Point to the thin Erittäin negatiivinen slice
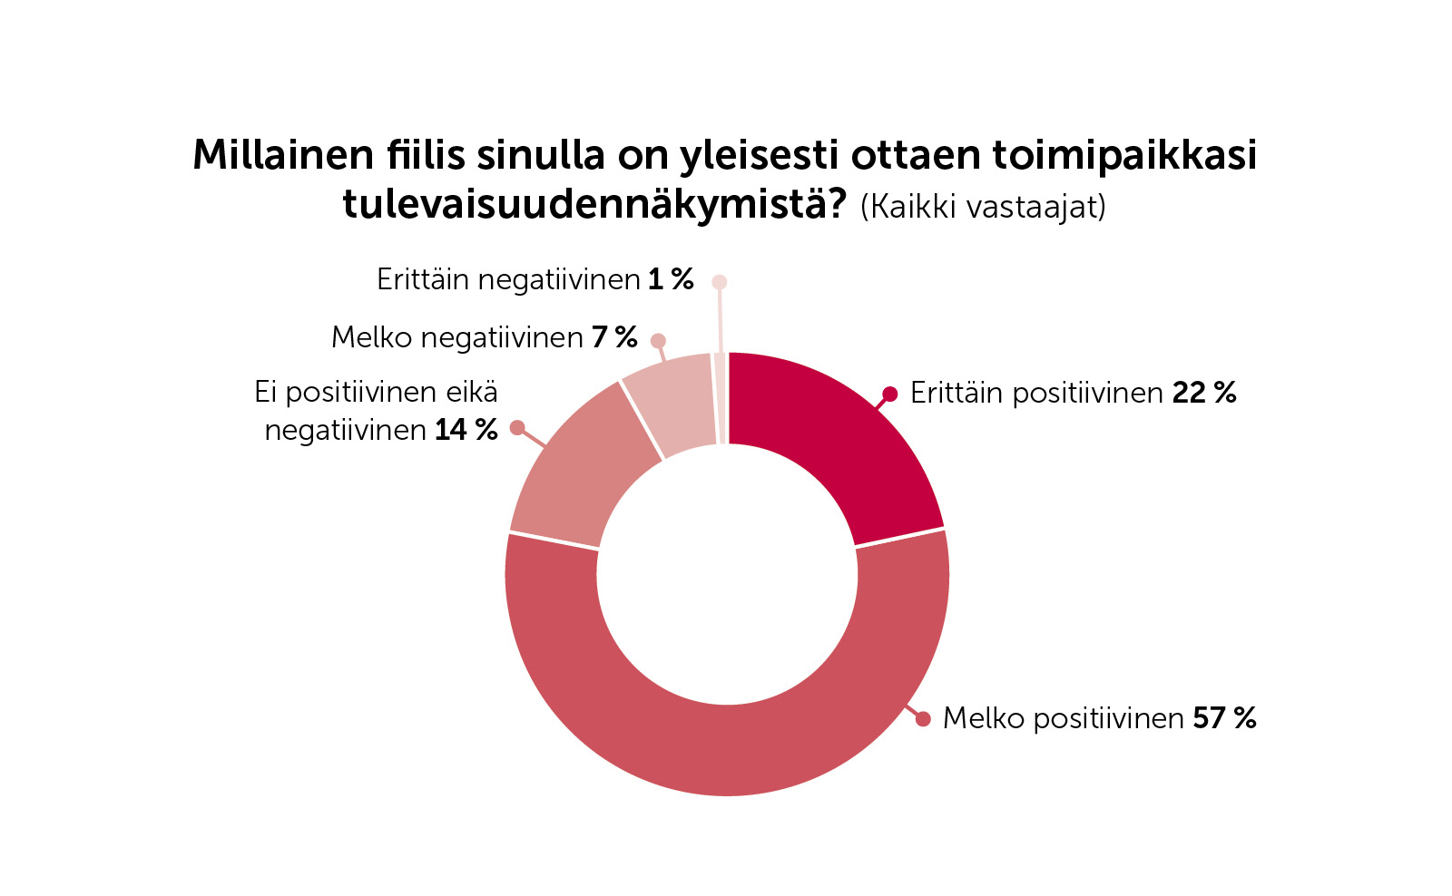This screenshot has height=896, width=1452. click(721, 399)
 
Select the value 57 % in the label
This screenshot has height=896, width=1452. click(1224, 718)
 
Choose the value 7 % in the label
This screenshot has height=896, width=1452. click(614, 337)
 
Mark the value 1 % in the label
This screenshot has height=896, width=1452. click(671, 279)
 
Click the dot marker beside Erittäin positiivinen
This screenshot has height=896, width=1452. click(890, 394)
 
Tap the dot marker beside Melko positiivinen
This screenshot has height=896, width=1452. click(923, 719)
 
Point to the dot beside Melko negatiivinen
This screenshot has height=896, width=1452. click(659, 341)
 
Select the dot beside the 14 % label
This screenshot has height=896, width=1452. click(517, 427)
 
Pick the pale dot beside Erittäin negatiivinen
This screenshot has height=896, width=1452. click(720, 282)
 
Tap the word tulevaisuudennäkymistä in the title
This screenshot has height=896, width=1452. click(594, 205)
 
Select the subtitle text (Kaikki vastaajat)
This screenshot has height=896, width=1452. click(983, 207)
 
